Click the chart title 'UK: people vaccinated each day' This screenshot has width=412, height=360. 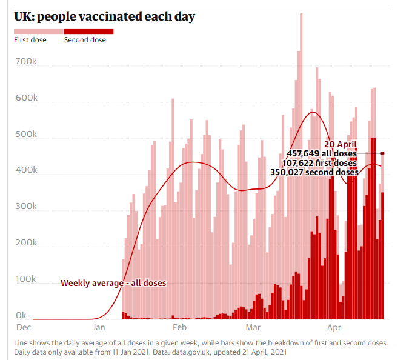pos(104,16)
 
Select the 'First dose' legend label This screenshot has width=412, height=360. pos(30,40)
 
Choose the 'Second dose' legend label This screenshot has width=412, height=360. pos(85,40)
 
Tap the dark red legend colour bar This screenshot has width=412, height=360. pos(88,31)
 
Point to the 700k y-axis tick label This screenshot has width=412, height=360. pos(27,62)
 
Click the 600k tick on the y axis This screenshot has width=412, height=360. pos(27,98)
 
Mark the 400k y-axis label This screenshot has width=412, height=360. pos(27,171)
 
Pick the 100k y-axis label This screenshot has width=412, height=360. pos(27,279)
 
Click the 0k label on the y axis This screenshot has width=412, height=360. pos(21,316)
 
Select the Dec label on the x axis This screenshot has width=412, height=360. pos(23,328)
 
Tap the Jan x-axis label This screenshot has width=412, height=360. pos(101,328)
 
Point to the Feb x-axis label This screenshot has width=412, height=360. pos(179,328)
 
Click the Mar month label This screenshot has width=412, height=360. pos(254,328)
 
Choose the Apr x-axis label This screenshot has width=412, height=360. pos(334,328)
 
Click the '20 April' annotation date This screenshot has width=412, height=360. pos(341,144)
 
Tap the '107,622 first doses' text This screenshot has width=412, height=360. pos(319,162)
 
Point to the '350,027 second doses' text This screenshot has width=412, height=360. pos(314,172)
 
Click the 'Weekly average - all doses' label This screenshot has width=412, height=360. pos(113,283)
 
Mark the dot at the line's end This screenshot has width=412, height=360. pos(382,153)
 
